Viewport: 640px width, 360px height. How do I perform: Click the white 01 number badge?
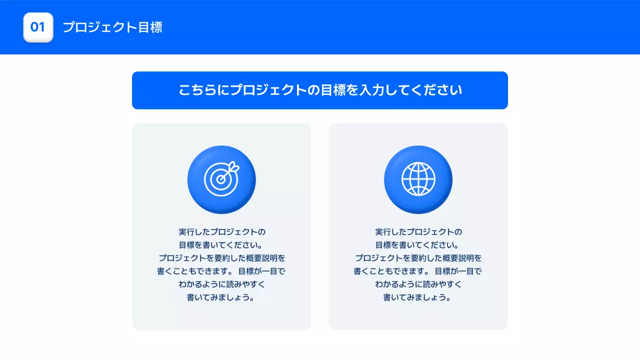click(38, 27)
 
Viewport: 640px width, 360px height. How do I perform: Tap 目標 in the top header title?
click(150, 27)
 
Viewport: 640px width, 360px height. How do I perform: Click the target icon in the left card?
click(221, 179)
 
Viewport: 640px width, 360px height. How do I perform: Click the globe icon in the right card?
click(418, 179)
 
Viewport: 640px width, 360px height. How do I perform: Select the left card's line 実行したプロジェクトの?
click(221, 232)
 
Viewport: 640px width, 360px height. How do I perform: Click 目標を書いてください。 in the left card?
click(221, 245)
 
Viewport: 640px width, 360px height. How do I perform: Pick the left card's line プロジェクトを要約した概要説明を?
click(221, 258)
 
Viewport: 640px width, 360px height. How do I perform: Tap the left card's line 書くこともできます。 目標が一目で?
click(221, 271)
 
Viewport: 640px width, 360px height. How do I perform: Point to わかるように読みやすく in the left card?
click(221, 284)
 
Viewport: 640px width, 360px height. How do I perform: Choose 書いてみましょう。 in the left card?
click(221, 297)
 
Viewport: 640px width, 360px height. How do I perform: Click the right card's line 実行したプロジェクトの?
click(418, 232)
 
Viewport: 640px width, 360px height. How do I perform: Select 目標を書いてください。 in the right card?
click(418, 245)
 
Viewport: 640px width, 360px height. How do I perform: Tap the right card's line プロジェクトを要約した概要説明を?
click(418, 258)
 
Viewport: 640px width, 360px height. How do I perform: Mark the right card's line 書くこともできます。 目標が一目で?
click(418, 271)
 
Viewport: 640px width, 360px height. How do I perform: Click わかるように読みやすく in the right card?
click(418, 284)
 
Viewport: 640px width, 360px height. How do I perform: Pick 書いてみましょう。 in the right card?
click(418, 297)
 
